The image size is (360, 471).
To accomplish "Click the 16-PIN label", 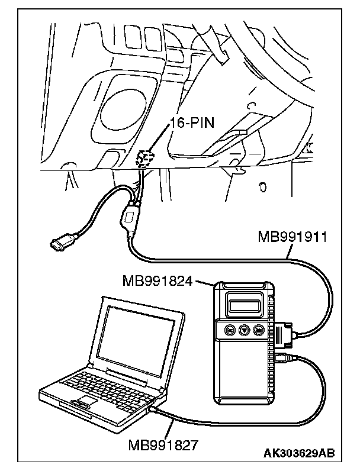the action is (192, 123).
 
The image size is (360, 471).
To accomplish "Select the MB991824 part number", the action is (157, 281).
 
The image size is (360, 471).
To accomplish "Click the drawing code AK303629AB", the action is (299, 453).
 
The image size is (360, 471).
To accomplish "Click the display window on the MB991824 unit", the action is (244, 306).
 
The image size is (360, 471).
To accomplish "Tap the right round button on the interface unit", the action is (258, 330).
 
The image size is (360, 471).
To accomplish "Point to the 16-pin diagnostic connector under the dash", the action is (145, 159).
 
